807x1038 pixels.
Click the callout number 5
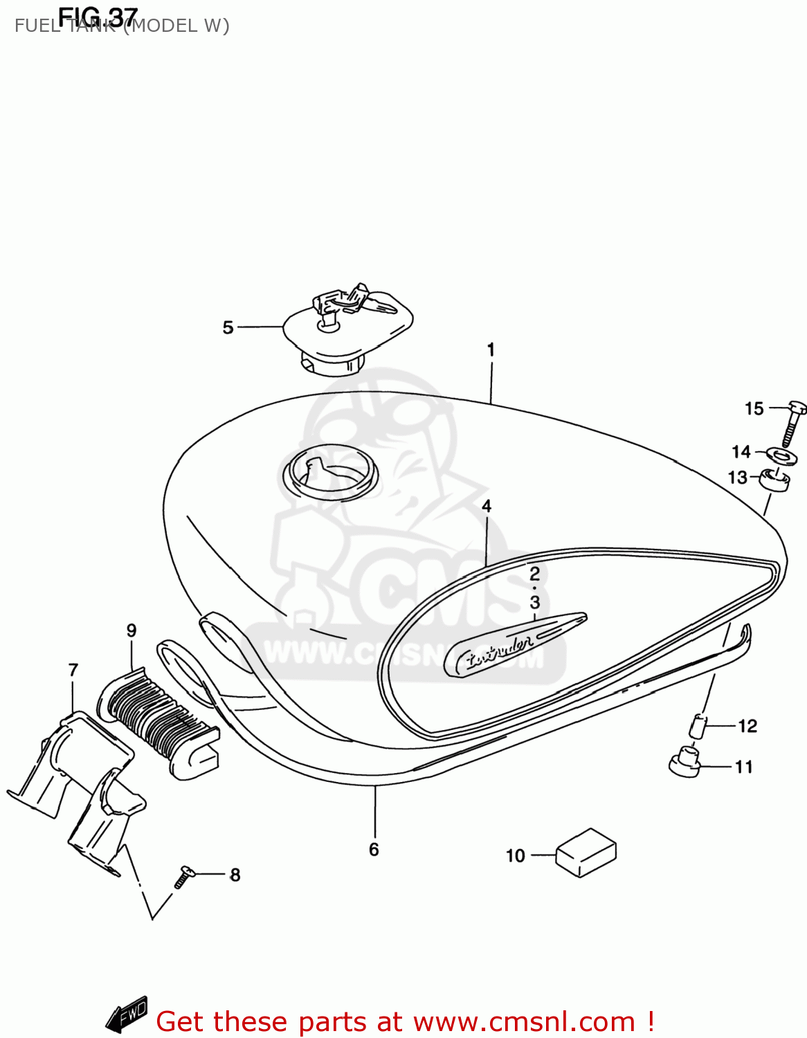(x=228, y=327)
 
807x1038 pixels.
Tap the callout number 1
(x=491, y=349)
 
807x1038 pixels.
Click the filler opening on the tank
(x=331, y=472)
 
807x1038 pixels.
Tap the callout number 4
(x=487, y=507)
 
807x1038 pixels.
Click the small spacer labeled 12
(x=698, y=726)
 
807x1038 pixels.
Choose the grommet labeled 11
(x=684, y=761)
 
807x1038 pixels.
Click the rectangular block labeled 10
(x=586, y=853)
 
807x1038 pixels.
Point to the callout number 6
(x=374, y=849)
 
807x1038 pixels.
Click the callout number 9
(x=132, y=630)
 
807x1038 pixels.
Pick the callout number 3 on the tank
(x=535, y=602)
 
